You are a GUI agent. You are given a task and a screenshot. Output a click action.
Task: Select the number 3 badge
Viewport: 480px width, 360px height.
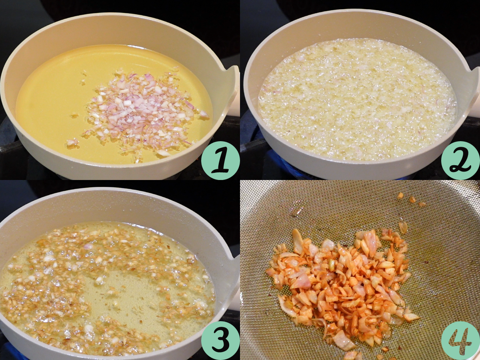220,340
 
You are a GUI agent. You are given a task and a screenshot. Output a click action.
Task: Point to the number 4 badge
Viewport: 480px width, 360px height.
460,340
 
